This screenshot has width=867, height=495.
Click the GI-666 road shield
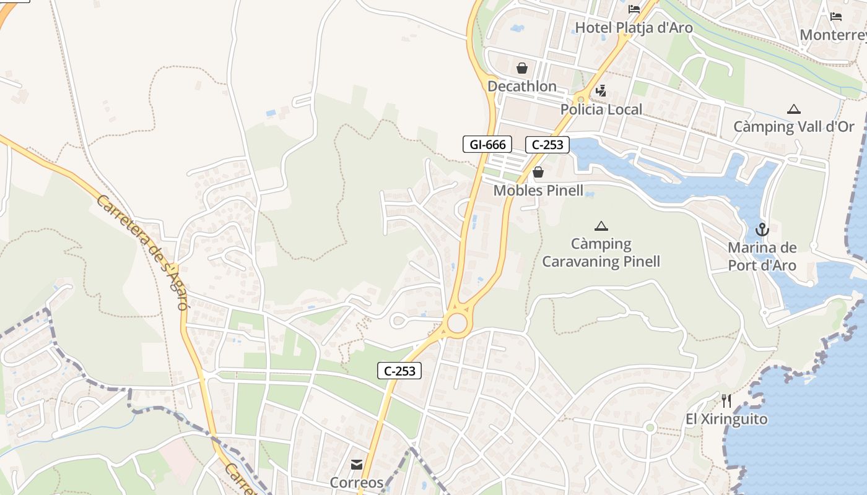pyautogui.click(x=487, y=145)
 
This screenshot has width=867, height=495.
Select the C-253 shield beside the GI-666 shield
pyautogui.click(x=547, y=145)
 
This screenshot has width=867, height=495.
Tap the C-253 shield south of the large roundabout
pyautogui.click(x=399, y=371)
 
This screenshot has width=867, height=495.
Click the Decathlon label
pyautogui.click(x=522, y=86)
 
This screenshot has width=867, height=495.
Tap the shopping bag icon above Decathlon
pyautogui.click(x=522, y=68)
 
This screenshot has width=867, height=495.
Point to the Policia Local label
pyautogui.click(x=601, y=110)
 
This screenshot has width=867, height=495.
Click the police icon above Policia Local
pyautogui.click(x=600, y=92)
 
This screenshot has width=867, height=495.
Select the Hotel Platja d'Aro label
pyautogui.click(x=634, y=28)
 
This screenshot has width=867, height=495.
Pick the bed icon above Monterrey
pyautogui.click(x=836, y=17)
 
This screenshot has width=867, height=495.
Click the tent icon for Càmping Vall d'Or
pyautogui.click(x=793, y=110)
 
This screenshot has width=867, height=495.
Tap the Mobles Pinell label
pyautogui.click(x=538, y=190)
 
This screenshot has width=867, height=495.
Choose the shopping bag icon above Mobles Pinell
pyautogui.click(x=538, y=172)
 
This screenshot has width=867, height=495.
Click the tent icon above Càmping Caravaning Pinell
pyautogui.click(x=601, y=226)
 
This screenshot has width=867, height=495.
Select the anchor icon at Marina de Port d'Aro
pyautogui.click(x=762, y=230)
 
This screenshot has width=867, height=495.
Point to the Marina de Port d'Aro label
pyautogui.click(x=762, y=257)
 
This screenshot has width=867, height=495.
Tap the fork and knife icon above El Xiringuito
pyautogui.click(x=726, y=401)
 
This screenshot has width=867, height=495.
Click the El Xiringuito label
pyautogui.click(x=726, y=419)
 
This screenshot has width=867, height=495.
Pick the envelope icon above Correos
pyautogui.click(x=357, y=465)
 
